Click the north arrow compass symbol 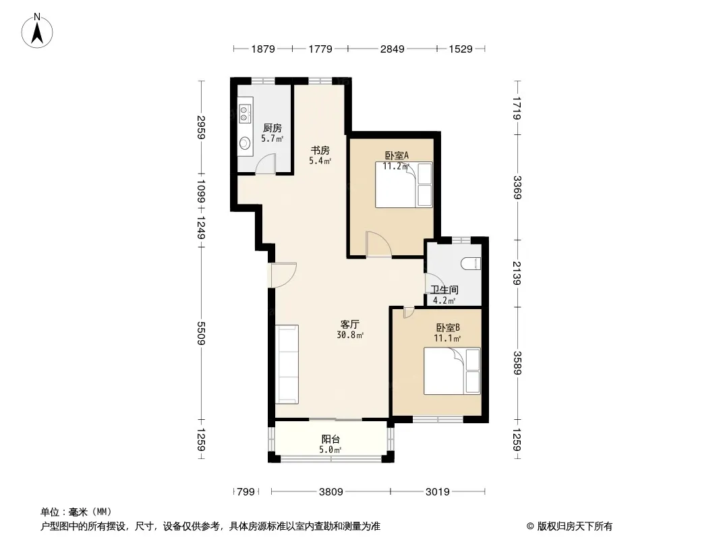click(37, 31)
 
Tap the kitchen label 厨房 click(272, 128)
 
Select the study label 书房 click(320, 150)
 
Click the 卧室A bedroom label click(397, 155)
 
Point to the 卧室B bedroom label click(448, 327)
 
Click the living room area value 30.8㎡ click(350, 335)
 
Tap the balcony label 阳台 click(330, 439)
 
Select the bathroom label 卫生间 click(444, 290)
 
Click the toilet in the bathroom click(471, 263)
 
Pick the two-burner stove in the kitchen click(245, 114)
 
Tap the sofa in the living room click(287, 364)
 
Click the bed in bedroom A click(404, 184)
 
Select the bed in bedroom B click(452, 371)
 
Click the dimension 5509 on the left click(201, 333)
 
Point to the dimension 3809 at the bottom click(331, 492)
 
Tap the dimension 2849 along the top click(393, 49)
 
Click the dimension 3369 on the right click(517, 187)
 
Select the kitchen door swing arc click(264, 163)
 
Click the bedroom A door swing click(379, 243)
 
